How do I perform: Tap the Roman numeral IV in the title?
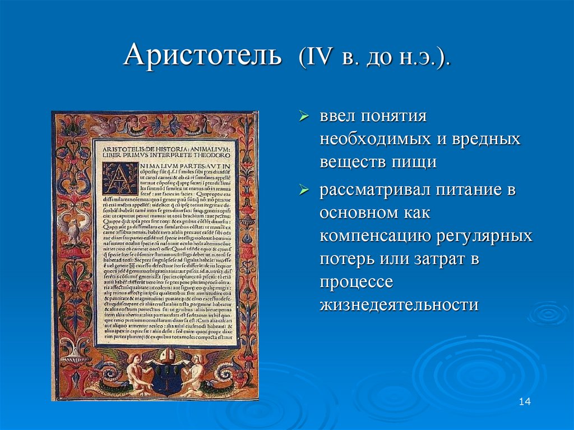318,58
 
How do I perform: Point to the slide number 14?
525,401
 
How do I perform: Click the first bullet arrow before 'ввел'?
303,116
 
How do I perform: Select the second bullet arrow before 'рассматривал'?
303,190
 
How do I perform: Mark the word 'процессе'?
356,281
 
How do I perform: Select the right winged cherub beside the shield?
196,371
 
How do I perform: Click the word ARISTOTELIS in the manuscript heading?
122,149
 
